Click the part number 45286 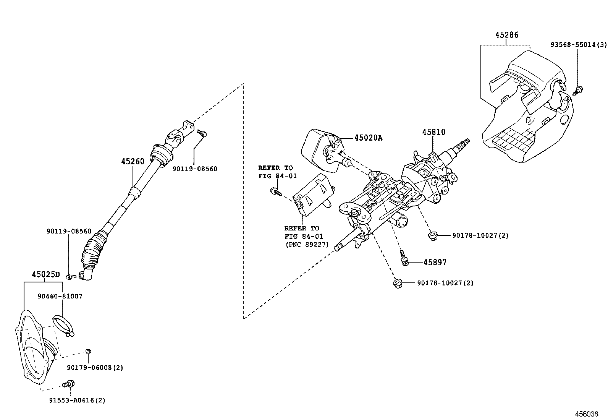tap(507, 35)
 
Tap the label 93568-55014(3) tap(578, 45)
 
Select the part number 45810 tap(433, 132)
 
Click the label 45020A tap(368, 138)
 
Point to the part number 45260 tap(133, 162)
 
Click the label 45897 tap(435, 263)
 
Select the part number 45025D tap(46, 274)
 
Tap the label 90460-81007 tap(60, 296)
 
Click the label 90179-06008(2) tap(95, 368)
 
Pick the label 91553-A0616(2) tap(77, 401)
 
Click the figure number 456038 tap(587, 414)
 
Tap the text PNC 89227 tap(307, 245)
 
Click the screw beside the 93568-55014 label tap(578, 91)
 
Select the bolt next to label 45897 tap(404, 258)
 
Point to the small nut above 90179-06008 tap(88, 351)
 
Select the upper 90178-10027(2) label tap(480, 236)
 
